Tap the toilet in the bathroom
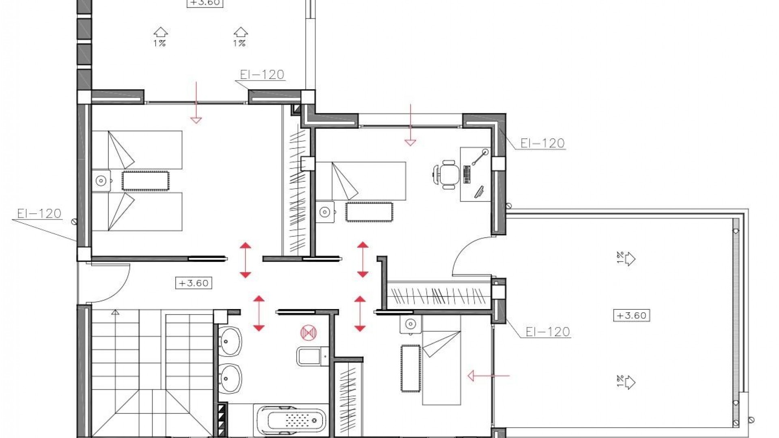312,356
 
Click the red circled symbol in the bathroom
308,333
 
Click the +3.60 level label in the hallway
194,283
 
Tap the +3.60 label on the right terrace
631,316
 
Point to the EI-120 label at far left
39,214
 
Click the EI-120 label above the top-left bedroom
262,75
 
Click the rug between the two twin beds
145,181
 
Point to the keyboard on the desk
467,174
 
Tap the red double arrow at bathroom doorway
259,313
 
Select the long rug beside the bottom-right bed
411,368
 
